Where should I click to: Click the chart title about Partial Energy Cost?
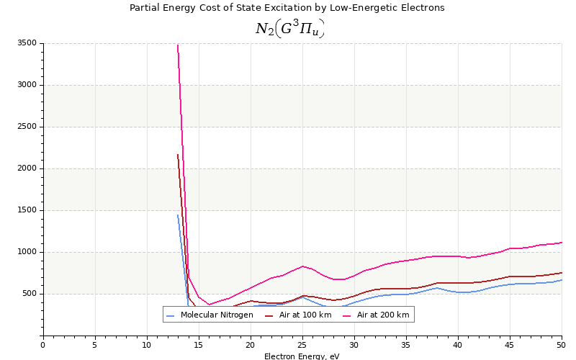click(287, 8)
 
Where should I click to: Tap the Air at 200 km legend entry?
click(382, 315)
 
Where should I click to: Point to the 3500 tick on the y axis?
click(26, 43)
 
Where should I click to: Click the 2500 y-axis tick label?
click(26, 127)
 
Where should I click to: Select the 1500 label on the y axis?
click(26, 210)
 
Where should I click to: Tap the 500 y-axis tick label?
click(29, 294)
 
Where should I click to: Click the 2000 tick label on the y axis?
click(26, 168)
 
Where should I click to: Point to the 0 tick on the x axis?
click(42, 345)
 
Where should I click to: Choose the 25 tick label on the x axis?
click(302, 345)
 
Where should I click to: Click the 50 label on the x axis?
click(562, 345)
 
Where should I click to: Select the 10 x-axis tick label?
click(147, 345)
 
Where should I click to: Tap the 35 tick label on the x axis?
click(406, 345)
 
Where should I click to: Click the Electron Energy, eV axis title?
click(302, 356)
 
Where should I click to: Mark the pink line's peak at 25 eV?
click(302, 266)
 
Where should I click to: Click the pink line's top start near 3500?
click(178, 45)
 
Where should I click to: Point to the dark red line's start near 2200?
click(178, 154)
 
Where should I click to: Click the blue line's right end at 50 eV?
click(562, 279)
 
